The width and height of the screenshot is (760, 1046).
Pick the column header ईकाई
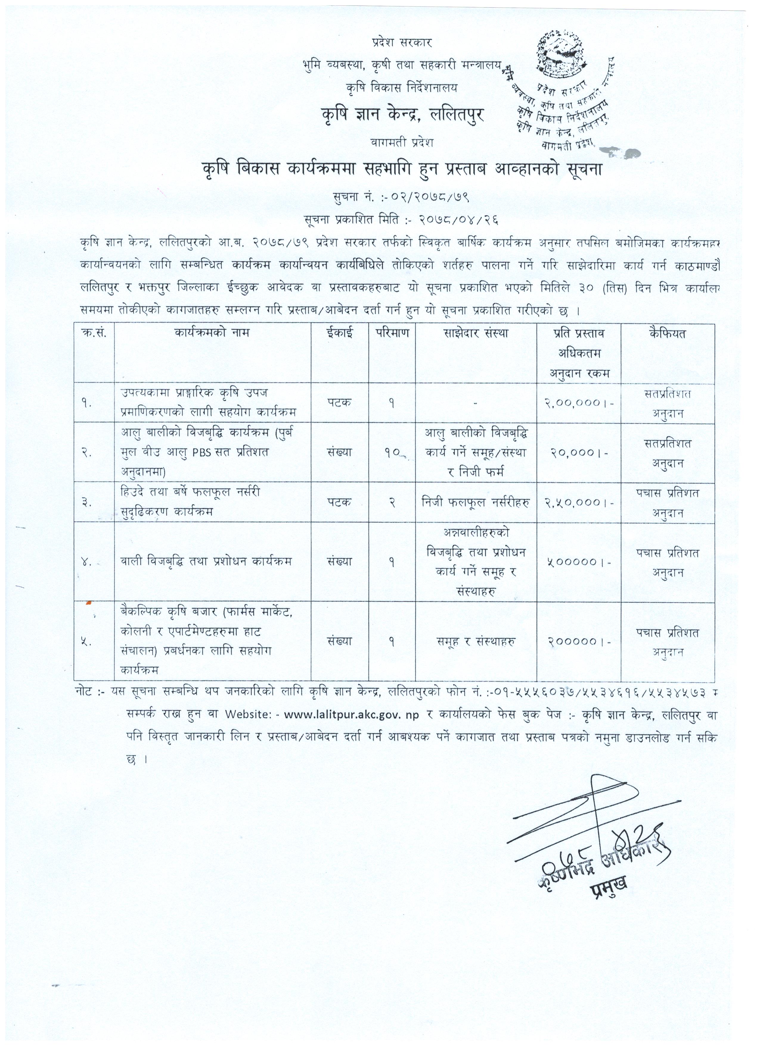(340, 332)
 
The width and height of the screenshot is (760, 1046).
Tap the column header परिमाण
(392, 332)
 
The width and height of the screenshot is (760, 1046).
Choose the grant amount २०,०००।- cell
(579, 453)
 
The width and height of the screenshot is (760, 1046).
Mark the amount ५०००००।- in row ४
(579, 562)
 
